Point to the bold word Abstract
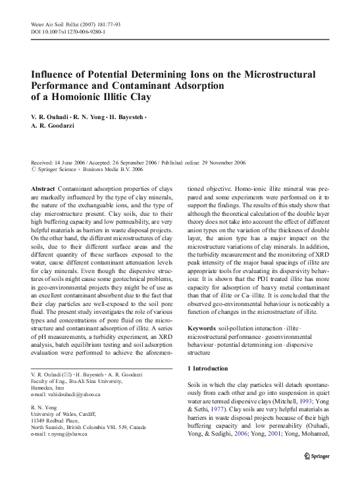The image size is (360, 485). pyautogui.click(x=43, y=188)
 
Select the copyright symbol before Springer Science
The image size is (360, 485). pyautogui.click(x=34, y=169)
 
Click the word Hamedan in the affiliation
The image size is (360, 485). pyautogui.click(x=43, y=388)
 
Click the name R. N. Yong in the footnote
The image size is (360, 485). pyautogui.click(x=45, y=408)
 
